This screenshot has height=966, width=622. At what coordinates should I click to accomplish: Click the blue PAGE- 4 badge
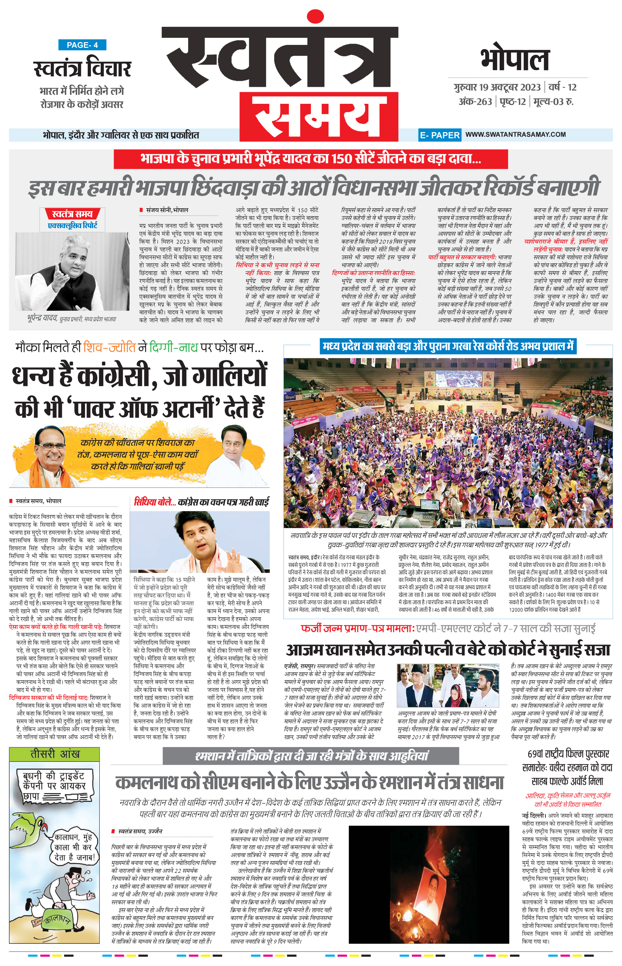tap(82, 45)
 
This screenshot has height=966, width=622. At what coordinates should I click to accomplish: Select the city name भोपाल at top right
tap(515, 60)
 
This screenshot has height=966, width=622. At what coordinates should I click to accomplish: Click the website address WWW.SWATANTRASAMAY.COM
tap(515, 135)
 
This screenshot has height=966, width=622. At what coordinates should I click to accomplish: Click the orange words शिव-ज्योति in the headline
tap(109, 347)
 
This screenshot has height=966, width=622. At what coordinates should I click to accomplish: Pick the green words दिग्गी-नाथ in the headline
tap(174, 347)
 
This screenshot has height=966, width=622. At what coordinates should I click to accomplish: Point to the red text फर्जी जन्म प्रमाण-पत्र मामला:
tap(358, 629)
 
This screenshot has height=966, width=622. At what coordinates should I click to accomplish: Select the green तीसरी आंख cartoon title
tap(54, 754)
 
